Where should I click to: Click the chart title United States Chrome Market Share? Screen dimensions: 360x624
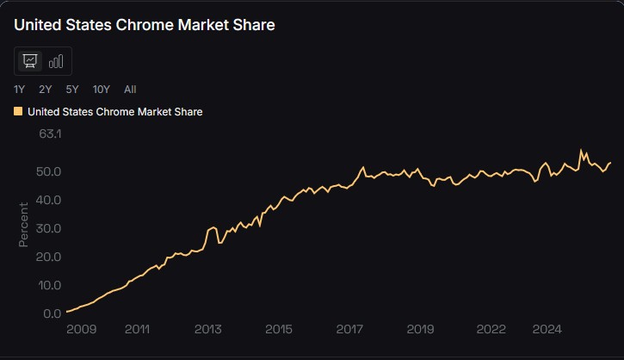coord(145,25)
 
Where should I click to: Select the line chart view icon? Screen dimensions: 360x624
coord(30,61)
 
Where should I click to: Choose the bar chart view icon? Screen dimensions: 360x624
coord(56,61)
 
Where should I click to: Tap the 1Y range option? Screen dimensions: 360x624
coord(20,89)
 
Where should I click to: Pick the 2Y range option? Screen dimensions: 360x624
coord(46,89)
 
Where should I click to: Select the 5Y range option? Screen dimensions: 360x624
coord(72,89)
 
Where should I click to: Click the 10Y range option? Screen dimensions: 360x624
coord(102,89)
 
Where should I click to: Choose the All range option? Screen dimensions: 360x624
coord(130,89)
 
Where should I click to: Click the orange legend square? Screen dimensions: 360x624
coord(19,111)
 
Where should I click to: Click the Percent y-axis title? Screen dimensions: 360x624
coord(24,224)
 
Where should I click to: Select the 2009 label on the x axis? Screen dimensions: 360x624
coord(82,329)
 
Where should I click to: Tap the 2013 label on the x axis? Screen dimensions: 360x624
coord(208,329)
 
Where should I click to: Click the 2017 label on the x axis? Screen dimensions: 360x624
coord(349,329)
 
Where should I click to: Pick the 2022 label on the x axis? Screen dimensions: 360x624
coord(491,329)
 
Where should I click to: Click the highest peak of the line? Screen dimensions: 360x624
coord(583,150)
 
